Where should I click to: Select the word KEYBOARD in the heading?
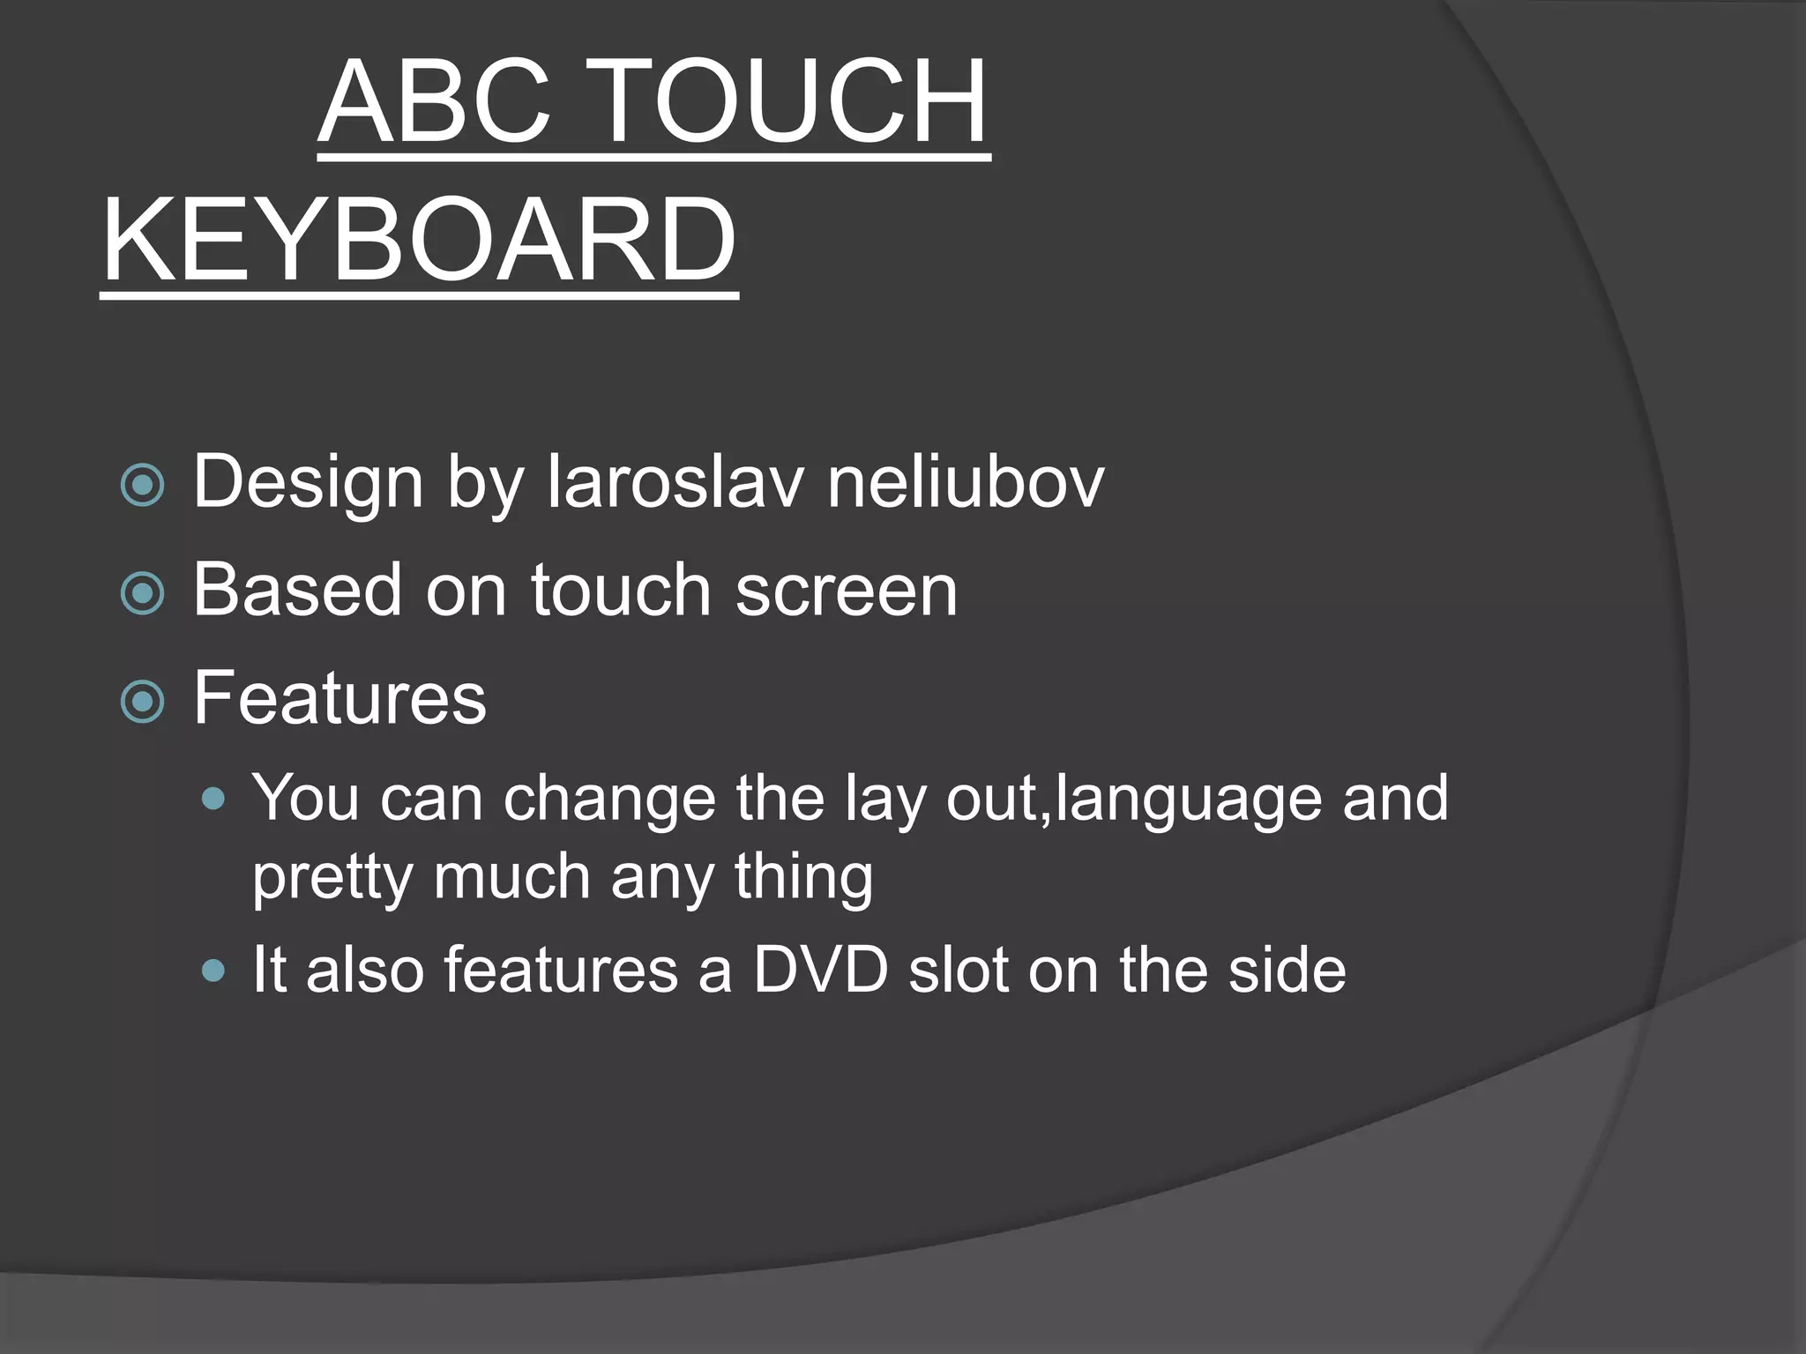pos(419,240)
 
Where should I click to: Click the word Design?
pos(308,482)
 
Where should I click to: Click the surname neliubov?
pos(965,482)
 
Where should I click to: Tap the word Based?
pos(297,590)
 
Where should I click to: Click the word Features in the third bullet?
pos(340,697)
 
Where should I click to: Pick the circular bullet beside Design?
pos(142,485)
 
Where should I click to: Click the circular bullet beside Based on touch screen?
pos(142,592)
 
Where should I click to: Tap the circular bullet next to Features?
pos(142,701)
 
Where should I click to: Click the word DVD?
pos(820,970)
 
